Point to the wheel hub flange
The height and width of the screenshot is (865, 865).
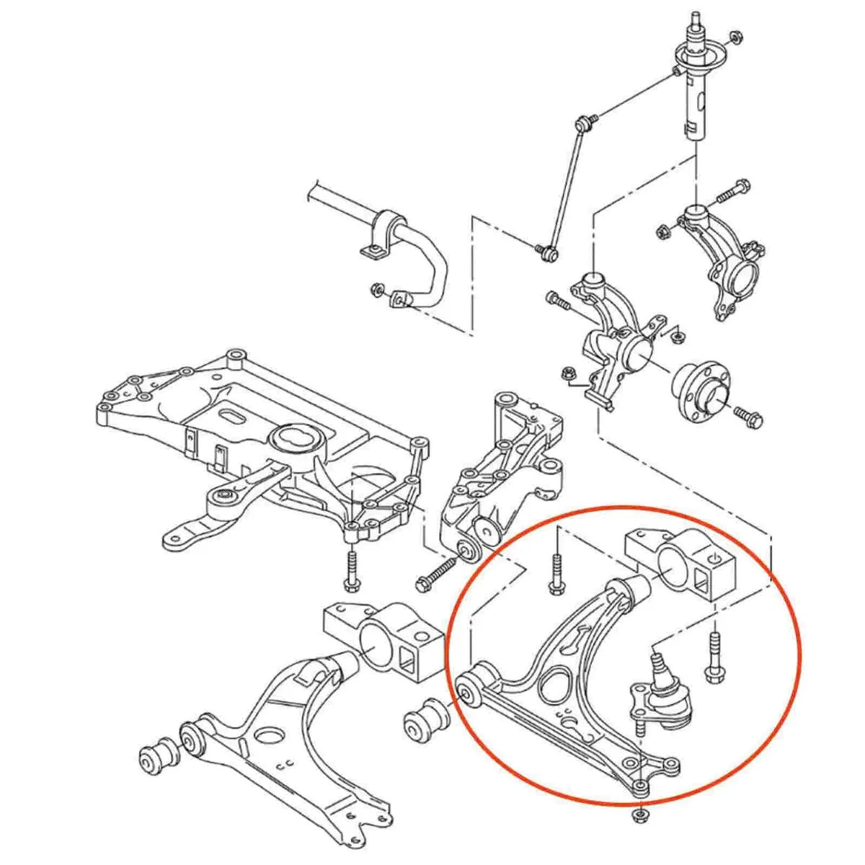(x=701, y=391)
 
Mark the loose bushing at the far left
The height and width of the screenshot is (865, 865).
(x=158, y=759)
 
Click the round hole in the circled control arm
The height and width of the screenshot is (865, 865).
(x=556, y=683)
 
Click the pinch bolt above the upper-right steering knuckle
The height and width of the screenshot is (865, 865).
(x=729, y=192)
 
